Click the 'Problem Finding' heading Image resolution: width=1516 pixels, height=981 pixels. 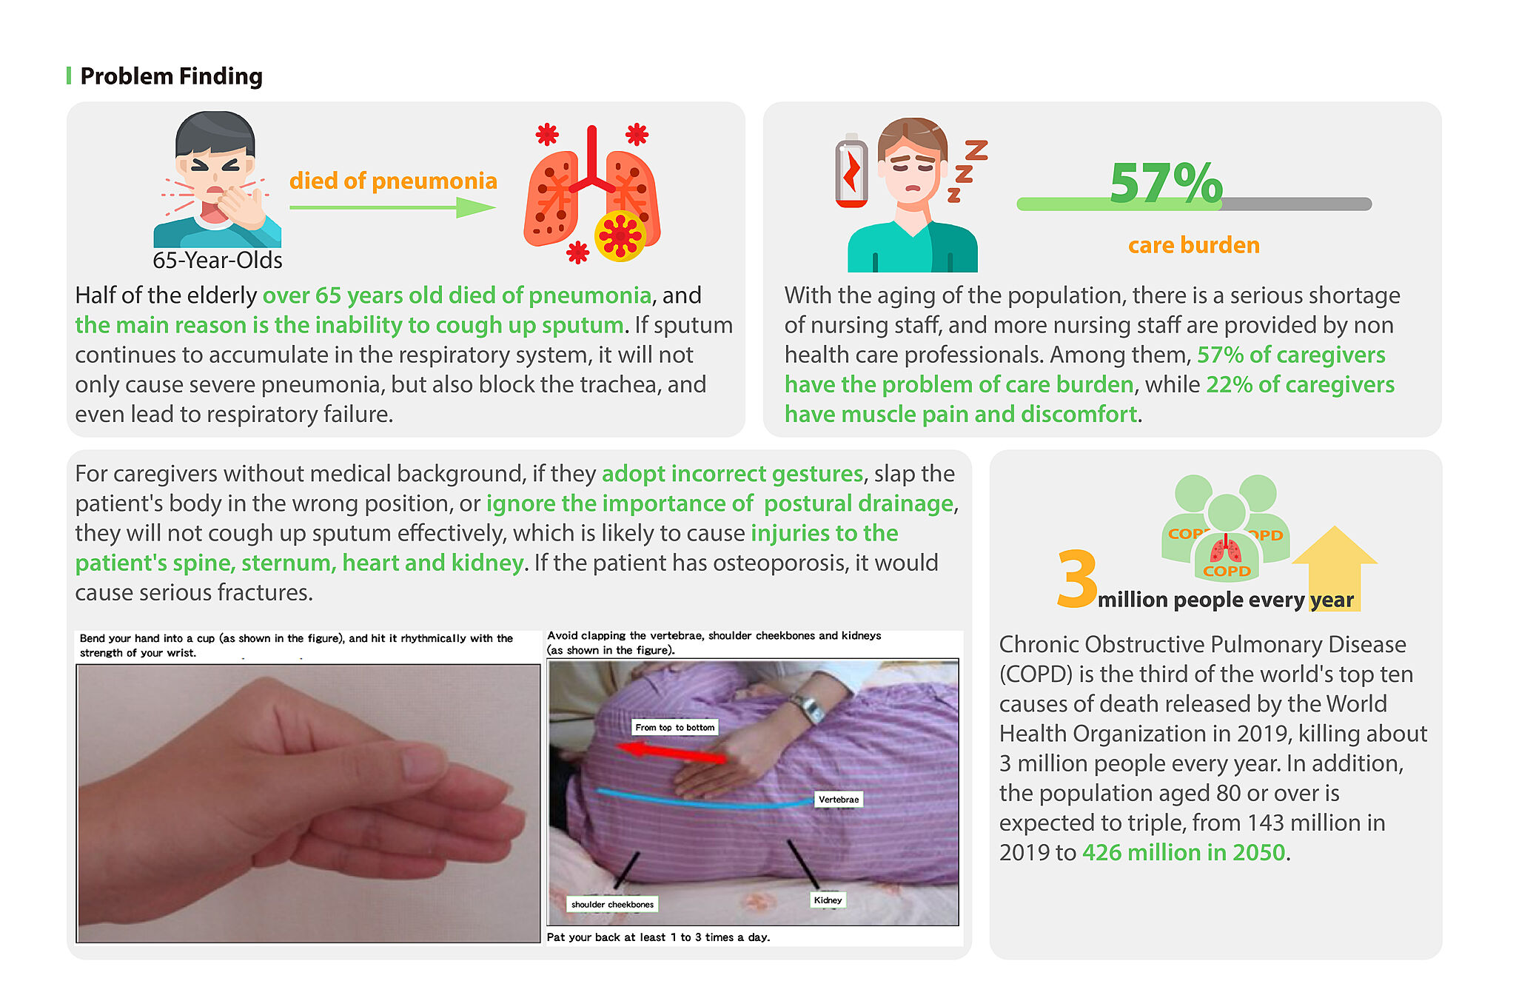pos(171,76)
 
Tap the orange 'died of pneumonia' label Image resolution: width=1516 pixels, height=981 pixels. pos(393,181)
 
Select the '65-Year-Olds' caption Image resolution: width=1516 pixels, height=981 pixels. pos(218,260)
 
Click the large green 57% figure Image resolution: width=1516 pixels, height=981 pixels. pos(1166,183)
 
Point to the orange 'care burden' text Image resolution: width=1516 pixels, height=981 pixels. pos(1194,245)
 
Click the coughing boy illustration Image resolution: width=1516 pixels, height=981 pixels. pos(216,179)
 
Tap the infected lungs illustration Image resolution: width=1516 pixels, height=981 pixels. pos(592,194)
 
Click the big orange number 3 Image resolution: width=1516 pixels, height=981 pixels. pos(1077,578)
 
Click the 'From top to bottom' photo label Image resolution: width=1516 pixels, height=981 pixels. pos(674,727)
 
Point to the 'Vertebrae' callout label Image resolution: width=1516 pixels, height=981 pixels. pos(839,800)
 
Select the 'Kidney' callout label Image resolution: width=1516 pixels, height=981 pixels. pos(828,900)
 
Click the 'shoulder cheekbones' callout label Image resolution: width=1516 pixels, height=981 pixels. pos(612,904)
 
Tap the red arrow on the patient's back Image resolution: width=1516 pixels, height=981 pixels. pos(671,753)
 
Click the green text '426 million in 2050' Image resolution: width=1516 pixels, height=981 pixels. pos(1184,852)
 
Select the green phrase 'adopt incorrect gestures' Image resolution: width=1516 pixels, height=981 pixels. pos(733,474)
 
